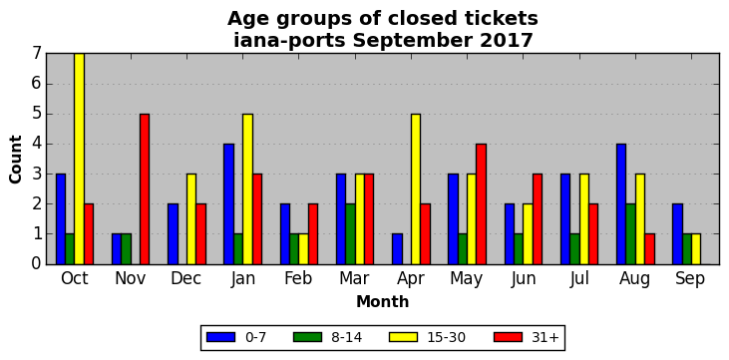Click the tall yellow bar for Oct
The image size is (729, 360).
coord(80,159)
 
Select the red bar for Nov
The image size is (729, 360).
coord(145,188)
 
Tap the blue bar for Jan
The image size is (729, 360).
coord(228,203)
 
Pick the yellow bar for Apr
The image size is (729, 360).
coord(416,188)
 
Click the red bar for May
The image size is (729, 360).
coord(482,203)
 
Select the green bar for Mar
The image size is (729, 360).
coord(350,234)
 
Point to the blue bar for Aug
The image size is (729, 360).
coord(621,203)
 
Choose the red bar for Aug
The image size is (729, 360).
coord(649,249)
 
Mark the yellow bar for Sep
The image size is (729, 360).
coord(696,249)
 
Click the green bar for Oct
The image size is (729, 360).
coord(70,249)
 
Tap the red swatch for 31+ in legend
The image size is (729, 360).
coord(508,337)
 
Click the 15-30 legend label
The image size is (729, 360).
coord(447,338)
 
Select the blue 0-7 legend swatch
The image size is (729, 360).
coord(220,337)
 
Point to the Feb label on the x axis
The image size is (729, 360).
coord(298,278)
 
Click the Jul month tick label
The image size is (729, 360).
coord(578,278)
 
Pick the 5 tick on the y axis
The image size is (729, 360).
coord(38,114)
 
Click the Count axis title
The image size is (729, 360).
coord(16,160)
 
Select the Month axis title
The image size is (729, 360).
coord(383,302)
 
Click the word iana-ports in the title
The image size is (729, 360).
coord(289,41)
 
